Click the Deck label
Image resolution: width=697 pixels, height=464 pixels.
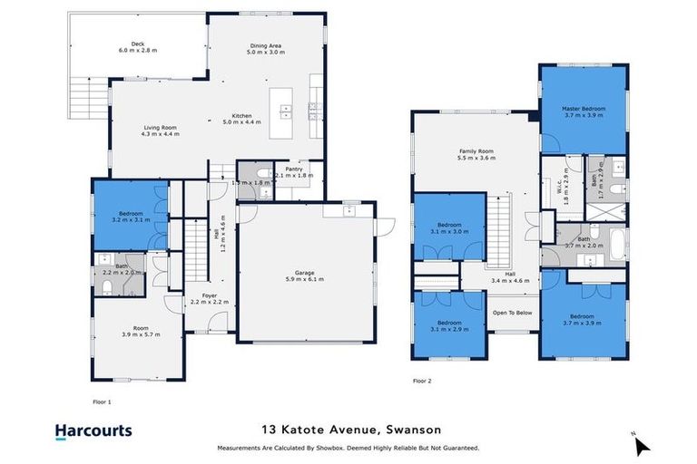pyautogui.click(x=138, y=45)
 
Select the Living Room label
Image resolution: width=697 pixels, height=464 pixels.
pyautogui.click(x=160, y=130)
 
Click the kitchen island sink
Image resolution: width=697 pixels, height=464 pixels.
pyautogui.click(x=286, y=111)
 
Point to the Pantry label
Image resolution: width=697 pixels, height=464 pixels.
pyautogui.click(x=292, y=171)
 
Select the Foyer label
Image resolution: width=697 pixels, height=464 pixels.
pyautogui.click(x=209, y=299)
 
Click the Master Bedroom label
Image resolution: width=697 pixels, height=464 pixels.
pyautogui.click(x=584, y=111)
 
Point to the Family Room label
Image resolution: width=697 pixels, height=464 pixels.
pyautogui.click(x=475, y=155)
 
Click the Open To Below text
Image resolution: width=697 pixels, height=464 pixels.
pyautogui.click(x=512, y=313)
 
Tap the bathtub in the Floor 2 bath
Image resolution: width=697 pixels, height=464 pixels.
pyautogui.click(x=617, y=244)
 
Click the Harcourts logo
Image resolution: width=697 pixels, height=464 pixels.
pyautogui.click(x=93, y=431)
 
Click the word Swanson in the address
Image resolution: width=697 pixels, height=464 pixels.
pyautogui.click(x=407, y=430)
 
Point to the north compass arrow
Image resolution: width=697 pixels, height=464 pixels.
pyautogui.click(x=642, y=445)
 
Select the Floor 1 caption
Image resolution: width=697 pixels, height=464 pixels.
pyautogui.click(x=102, y=400)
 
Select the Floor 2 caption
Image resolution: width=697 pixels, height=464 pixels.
pyautogui.click(x=422, y=381)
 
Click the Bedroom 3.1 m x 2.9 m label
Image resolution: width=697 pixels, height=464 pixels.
pyautogui.click(x=448, y=325)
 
